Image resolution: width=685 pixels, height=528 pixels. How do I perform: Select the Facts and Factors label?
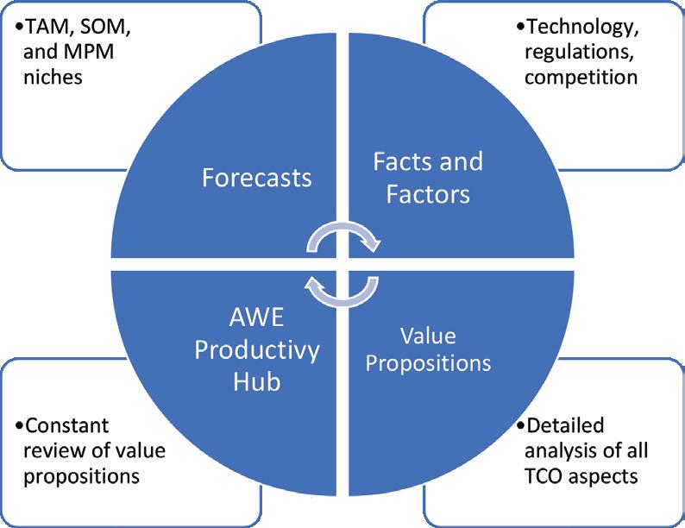point(427,177)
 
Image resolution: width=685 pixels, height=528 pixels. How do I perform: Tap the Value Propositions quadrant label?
point(428,349)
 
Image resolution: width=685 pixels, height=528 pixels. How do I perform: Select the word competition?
point(581,77)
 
